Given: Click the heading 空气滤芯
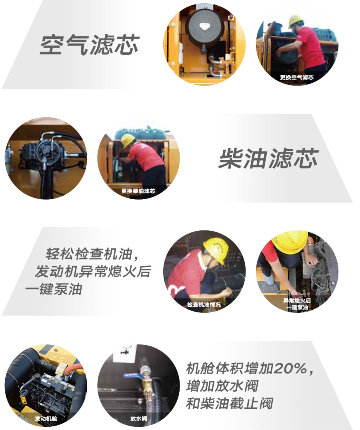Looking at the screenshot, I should [x=89, y=44].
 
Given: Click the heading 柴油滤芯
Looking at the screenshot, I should [x=268, y=158].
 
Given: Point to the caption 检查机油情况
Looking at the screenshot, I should [x=204, y=304].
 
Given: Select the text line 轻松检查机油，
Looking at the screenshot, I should [x=94, y=254].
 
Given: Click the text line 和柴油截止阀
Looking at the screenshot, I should [x=229, y=404].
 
